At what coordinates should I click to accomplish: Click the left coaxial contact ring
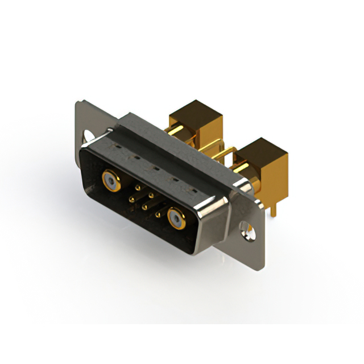tap(110, 181)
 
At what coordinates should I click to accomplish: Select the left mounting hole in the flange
tap(89, 136)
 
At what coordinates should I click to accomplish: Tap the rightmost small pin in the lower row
tap(158, 211)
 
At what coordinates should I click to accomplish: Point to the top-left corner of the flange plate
tap(78, 102)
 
